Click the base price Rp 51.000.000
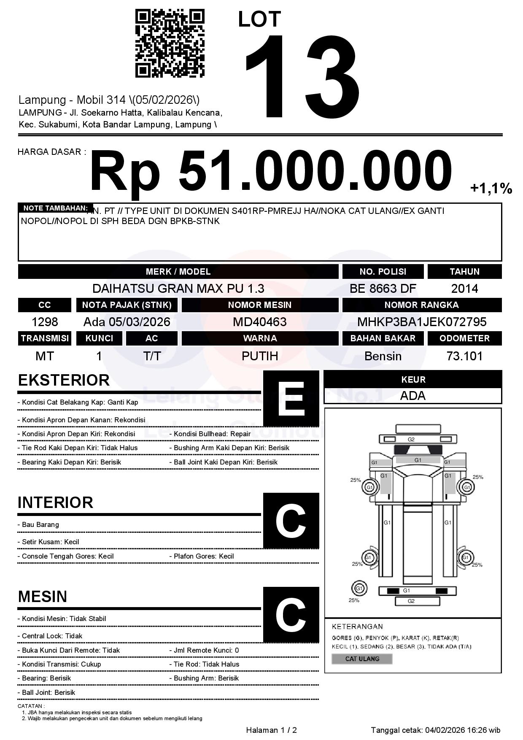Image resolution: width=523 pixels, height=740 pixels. click(270, 172)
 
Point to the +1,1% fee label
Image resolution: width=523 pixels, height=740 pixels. click(491, 188)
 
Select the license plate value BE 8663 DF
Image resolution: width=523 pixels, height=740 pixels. click(383, 289)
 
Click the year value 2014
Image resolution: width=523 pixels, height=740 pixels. click(464, 289)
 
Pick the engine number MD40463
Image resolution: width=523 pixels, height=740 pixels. click(260, 322)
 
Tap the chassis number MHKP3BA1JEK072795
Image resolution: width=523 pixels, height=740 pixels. click(422, 322)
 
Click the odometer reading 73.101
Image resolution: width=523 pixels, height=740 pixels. click(464, 356)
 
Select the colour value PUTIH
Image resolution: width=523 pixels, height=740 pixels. click(260, 356)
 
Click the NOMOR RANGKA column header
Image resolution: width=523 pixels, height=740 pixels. click(422, 305)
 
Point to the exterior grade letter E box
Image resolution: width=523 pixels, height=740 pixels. click(291, 398)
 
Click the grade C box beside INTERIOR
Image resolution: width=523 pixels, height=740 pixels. click(291, 521)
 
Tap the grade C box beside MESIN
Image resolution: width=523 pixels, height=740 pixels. click(291, 615)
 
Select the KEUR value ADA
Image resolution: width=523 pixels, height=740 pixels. click(412, 396)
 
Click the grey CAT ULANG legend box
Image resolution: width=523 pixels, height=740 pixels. click(362, 659)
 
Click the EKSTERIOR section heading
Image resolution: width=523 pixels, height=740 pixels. click(64, 380)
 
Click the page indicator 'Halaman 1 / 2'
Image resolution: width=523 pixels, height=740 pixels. click(271, 730)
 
